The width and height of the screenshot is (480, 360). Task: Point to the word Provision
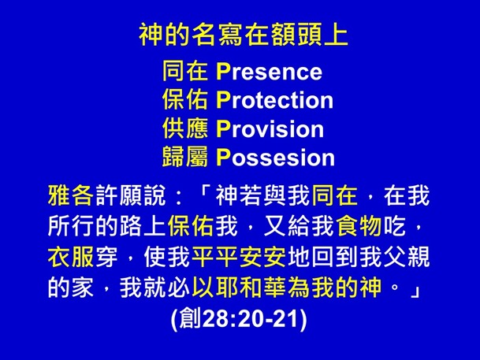269,128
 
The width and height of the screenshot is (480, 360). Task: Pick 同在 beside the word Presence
185,72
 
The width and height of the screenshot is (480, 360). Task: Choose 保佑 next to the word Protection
185,101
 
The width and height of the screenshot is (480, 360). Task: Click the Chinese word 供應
185,128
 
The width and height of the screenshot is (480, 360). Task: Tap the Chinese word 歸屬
185,157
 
